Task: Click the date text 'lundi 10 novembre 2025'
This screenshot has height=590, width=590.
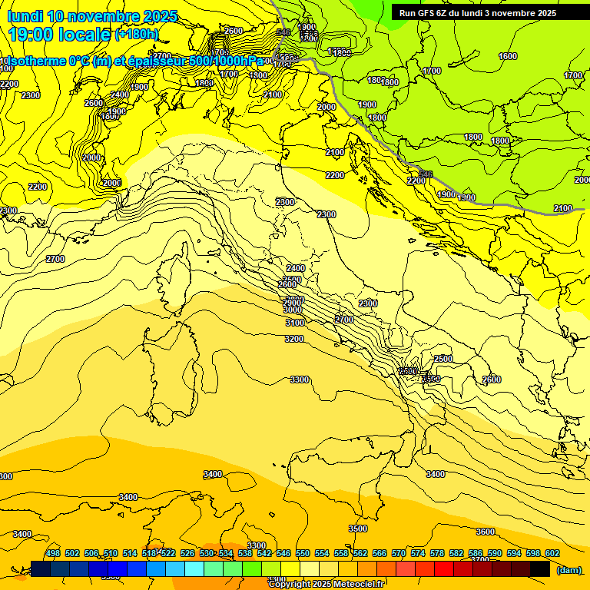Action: (x=92, y=16)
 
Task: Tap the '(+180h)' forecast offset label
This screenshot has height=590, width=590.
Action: (x=137, y=34)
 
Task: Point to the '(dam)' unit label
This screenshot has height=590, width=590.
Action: (x=568, y=570)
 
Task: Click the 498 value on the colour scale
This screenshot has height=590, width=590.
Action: (x=53, y=553)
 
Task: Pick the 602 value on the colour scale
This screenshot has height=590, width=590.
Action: (x=552, y=553)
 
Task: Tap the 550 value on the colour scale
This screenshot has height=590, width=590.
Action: (x=302, y=553)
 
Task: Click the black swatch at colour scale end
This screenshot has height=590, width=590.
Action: (x=540, y=568)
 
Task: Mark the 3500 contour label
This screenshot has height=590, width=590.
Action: (x=358, y=529)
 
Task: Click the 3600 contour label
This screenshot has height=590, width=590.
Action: (x=486, y=532)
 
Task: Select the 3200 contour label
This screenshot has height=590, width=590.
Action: (x=294, y=339)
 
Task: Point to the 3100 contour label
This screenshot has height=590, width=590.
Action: (x=294, y=323)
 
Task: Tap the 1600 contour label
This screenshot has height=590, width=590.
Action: (x=508, y=56)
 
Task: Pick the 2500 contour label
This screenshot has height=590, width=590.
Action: (x=443, y=359)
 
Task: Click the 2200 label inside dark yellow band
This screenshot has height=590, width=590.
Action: (x=335, y=175)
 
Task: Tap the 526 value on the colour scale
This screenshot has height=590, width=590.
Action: (x=187, y=553)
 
